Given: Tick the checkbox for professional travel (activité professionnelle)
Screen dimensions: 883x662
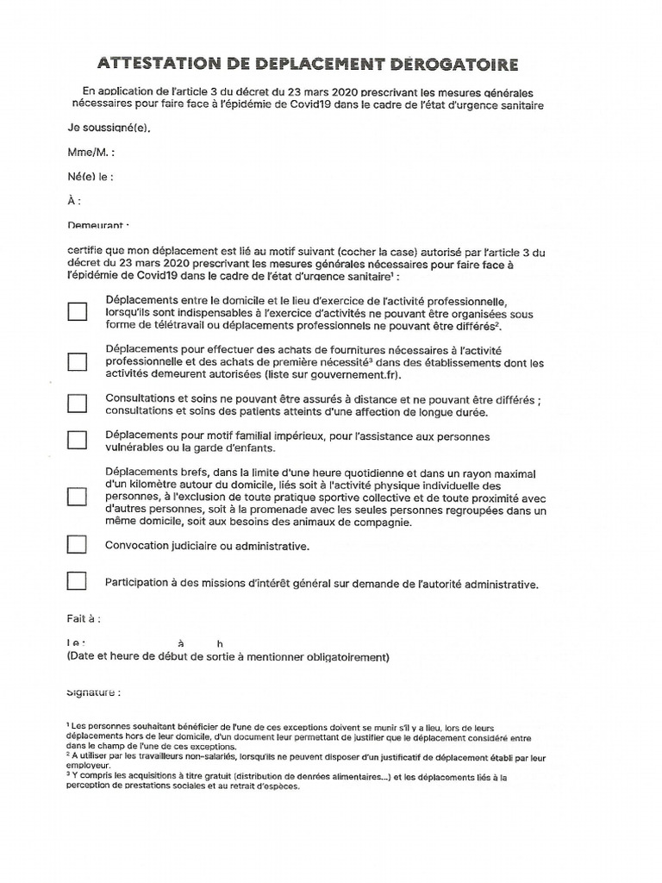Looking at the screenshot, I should point(78,311).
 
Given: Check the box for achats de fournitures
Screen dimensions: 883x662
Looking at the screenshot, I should point(78,362).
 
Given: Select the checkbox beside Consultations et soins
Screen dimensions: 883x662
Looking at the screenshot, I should point(78,404).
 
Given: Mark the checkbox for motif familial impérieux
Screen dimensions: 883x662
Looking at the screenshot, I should point(78,441).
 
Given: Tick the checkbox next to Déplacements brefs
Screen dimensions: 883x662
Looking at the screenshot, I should point(78,498).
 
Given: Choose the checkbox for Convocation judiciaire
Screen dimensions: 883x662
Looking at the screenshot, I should point(78,545).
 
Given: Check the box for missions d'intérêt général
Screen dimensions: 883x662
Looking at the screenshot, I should point(78,581).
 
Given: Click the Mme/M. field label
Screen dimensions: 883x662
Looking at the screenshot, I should point(91,153).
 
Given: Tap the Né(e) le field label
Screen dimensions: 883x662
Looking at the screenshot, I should point(90,177).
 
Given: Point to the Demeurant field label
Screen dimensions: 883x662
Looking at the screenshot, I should point(97,226).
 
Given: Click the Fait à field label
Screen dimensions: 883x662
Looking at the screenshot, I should point(84,619).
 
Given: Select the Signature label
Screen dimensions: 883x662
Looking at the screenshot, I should point(93,692).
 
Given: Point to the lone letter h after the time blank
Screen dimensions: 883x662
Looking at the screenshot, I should point(220,644).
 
